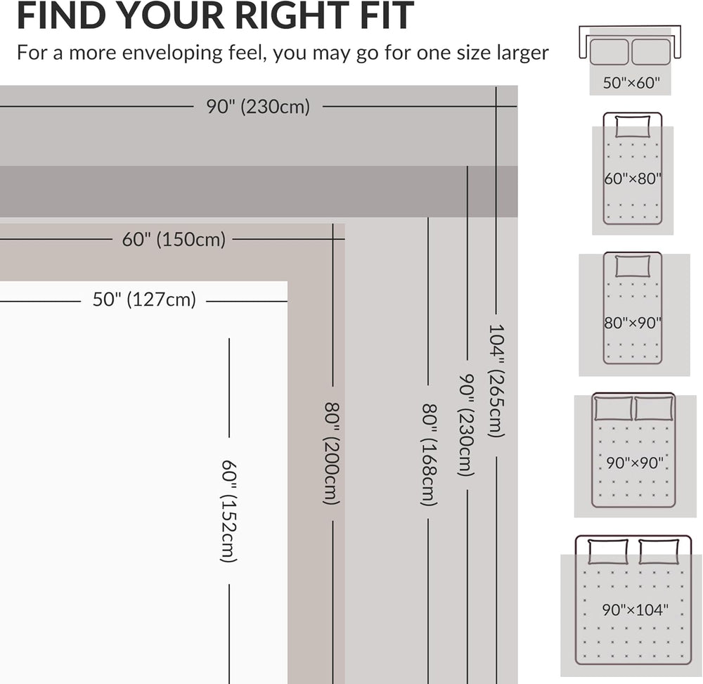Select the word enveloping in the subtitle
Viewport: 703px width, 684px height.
tap(172, 53)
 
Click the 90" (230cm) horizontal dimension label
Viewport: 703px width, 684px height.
tap(258, 107)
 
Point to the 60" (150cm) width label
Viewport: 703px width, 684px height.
tap(174, 239)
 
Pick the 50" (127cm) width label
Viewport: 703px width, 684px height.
tap(144, 299)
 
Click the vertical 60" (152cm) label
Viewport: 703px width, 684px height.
tap(229, 510)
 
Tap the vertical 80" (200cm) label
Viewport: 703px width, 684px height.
tap(333, 453)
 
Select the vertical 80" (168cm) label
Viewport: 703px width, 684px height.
tap(429, 455)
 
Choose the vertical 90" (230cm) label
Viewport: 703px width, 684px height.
tap(467, 425)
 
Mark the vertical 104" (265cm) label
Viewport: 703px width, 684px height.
tap(497, 380)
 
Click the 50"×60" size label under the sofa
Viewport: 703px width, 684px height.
tap(631, 83)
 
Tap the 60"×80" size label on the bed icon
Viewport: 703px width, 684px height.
tap(633, 179)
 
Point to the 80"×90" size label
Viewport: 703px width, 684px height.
tap(633, 323)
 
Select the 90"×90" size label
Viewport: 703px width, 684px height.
tap(634, 463)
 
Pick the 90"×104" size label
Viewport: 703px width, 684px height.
tap(635, 610)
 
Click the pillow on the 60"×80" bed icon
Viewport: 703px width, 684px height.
tap(633, 127)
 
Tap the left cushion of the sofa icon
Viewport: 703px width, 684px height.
tap(609, 52)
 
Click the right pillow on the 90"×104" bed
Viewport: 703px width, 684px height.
tap(659, 551)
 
